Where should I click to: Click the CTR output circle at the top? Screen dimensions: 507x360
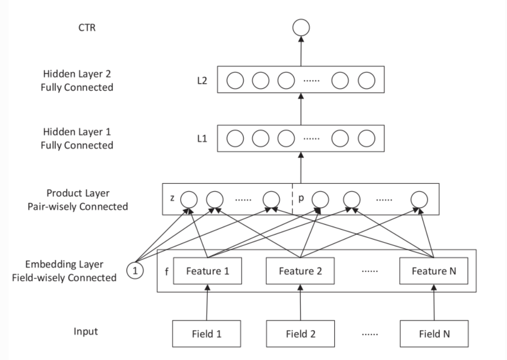pyautogui.click(x=301, y=27)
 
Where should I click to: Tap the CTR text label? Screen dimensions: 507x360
pyautogui.click(x=87, y=27)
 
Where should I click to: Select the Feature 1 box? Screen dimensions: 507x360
pyautogui.click(x=207, y=271)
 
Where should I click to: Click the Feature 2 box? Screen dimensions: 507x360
pyautogui.click(x=300, y=271)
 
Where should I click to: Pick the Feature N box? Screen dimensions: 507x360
pyautogui.click(x=434, y=271)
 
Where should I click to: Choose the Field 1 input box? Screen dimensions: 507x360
pyautogui.click(x=206, y=334)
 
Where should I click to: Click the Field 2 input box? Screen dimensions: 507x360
pyautogui.click(x=300, y=334)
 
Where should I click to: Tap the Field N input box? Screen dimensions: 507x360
pyautogui.click(x=434, y=334)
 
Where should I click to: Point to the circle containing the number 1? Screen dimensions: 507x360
pyautogui.click(x=135, y=271)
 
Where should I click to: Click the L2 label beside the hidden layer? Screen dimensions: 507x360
pyautogui.click(x=202, y=81)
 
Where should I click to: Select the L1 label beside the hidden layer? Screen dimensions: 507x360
pyautogui.click(x=202, y=139)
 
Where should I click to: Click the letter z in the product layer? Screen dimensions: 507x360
pyautogui.click(x=172, y=198)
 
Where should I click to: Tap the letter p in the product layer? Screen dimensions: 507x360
pyautogui.click(x=301, y=199)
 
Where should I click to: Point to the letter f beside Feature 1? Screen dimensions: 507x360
pyautogui.click(x=167, y=271)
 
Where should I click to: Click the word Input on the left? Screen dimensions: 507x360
pyautogui.click(x=86, y=332)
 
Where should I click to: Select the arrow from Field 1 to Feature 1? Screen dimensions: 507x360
pyautogui.click(x=207, y=302)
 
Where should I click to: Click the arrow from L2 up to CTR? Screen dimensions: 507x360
pyautogui.click(x=301, y=51)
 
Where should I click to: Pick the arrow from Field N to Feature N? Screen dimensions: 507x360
pyautogui.click(x=434, y=302)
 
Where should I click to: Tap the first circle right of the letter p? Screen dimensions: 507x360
pyautogui.click(x=320, y=200)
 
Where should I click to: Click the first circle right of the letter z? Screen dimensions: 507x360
pyautogui.click(x=189, y=200)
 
